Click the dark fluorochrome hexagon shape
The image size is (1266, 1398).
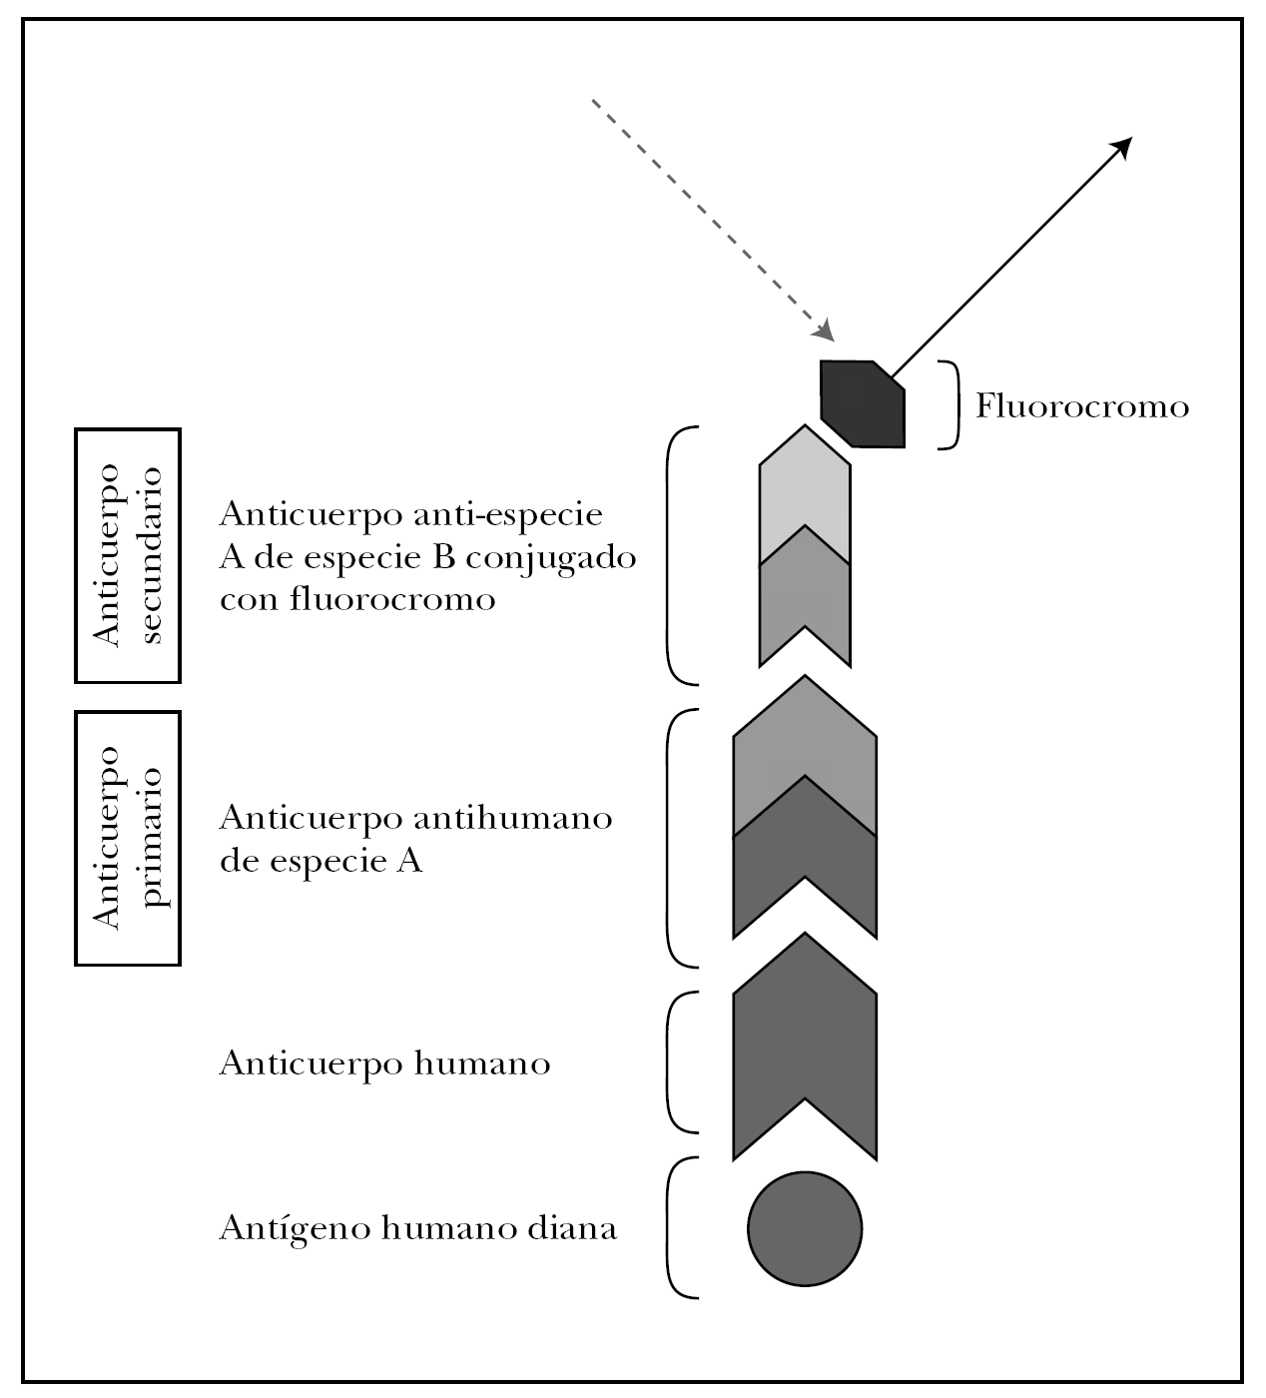[x=863, y=403]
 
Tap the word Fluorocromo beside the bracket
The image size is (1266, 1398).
[x=1082, y=407]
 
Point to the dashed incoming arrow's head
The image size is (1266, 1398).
[x=825, y=331]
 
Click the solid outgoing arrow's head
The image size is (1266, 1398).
[x=1122, y=146]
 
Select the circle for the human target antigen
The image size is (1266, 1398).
[x=805, y=1228]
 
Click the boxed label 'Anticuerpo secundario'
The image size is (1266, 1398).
[x=128, y=555]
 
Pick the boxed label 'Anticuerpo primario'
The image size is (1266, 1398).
[x=128, y=838]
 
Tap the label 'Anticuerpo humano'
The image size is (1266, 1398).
[x=384, y=1063]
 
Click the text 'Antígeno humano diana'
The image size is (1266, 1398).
[x=417, y=1227]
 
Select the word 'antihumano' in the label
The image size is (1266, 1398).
[x=512, y=818]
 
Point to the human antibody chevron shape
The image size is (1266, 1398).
[x=805, y=1058]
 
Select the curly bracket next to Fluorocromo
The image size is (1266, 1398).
[x=953, y=405]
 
